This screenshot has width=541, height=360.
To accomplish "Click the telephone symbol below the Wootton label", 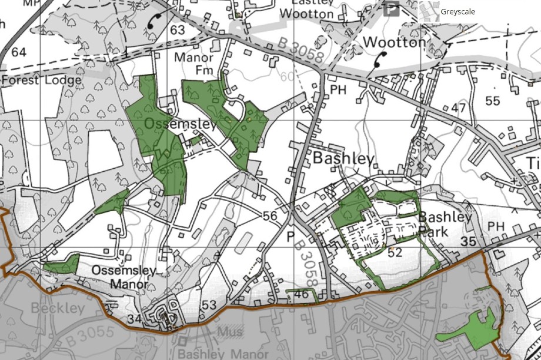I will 379,59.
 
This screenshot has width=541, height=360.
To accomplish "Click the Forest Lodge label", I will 41,80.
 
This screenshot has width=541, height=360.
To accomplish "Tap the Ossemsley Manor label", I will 124,277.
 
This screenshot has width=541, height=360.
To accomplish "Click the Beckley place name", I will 58,308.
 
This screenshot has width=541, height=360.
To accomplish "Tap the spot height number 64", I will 19,52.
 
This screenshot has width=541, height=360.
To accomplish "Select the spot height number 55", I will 492,101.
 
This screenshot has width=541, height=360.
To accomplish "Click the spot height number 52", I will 395,253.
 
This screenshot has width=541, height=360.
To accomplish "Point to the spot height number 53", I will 209,305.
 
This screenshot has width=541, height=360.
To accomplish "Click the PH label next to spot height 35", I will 497,226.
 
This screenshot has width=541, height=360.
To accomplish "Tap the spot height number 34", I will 134,319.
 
